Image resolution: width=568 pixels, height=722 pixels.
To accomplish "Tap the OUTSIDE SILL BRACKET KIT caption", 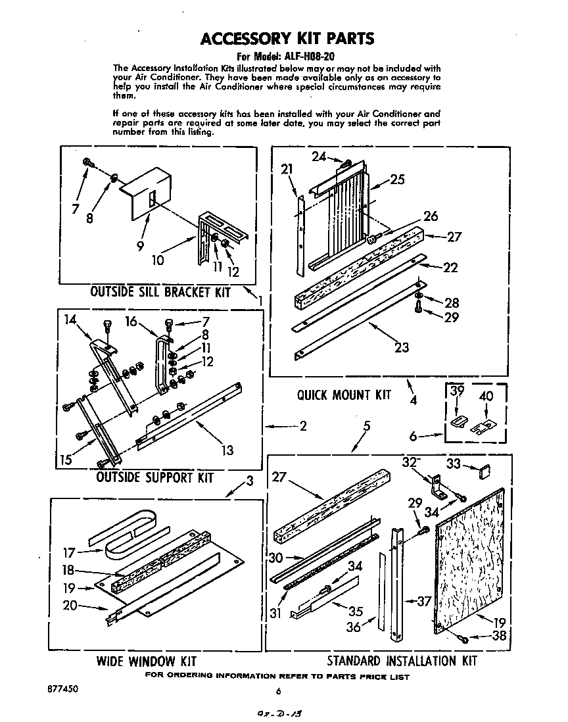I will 160,292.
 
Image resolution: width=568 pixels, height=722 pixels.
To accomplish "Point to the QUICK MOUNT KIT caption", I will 343,395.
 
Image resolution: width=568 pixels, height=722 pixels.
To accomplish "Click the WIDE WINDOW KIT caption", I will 146,661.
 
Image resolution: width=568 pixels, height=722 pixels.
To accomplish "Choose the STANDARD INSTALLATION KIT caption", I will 402,660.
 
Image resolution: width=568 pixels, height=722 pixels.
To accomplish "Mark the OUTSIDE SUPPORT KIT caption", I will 154,477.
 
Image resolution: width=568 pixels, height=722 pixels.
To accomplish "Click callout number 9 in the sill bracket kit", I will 140,247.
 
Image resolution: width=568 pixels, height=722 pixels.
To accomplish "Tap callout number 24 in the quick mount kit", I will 319,156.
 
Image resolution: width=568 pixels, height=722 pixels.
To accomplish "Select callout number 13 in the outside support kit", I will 226,450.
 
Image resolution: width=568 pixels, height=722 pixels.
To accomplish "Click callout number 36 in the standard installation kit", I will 354,627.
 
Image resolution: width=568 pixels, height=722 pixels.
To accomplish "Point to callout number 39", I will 457,393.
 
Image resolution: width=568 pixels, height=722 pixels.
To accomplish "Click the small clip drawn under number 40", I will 485,426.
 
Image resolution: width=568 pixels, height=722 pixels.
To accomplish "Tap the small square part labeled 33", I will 484,469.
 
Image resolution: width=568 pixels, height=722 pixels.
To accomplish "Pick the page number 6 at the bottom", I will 279,691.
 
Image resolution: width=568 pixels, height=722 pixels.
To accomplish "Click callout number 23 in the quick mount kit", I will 402,348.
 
